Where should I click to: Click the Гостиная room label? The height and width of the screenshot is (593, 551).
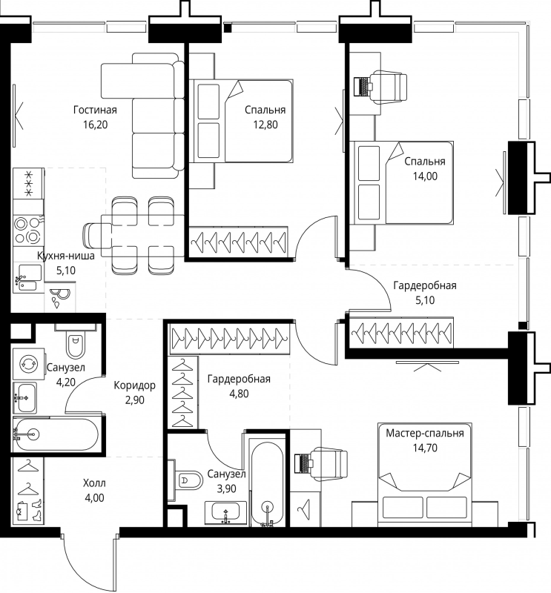pos(95,110)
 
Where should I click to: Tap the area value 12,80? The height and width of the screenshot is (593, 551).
pos(265,125)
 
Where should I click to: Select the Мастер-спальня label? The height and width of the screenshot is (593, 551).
pos(425,433)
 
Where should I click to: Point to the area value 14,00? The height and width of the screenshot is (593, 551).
pos(425,176)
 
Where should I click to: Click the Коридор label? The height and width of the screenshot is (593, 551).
pos(134,385)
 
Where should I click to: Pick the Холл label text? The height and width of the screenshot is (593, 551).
pos(94,483)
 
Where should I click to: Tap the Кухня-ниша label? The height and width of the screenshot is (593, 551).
pos(66,256)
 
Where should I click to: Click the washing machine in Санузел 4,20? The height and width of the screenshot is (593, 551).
pos(29,364)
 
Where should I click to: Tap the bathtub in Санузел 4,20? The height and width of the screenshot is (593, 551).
pos(56,434)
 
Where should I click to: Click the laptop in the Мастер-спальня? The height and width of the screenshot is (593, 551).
pos(304,463)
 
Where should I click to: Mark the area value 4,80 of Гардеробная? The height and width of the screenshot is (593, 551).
pos(239,394)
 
